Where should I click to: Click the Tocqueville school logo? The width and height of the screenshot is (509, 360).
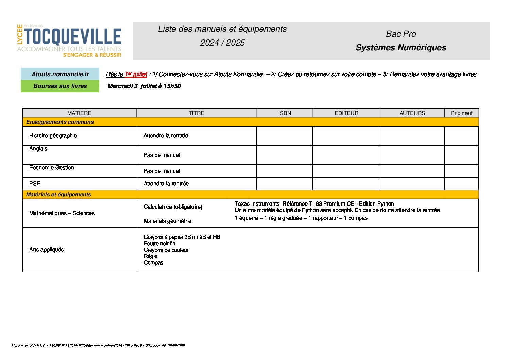pos(69,40)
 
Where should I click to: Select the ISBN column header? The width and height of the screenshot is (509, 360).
pos(285,113)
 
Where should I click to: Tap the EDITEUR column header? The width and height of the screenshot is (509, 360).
pos(346,113)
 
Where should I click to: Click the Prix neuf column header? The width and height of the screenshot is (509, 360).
pos(461,113)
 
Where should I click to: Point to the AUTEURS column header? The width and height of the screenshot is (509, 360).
pos(412,113)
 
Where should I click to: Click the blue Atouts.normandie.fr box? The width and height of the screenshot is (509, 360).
pos(60,74)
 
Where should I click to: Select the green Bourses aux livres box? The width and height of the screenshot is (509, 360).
pos(60,86)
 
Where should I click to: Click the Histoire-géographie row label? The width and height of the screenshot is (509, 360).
pos(53,136)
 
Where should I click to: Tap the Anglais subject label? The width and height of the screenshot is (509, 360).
pos(38,149)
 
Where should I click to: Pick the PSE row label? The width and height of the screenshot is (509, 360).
pos(35,184)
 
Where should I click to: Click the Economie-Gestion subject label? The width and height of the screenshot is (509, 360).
pos(52,168)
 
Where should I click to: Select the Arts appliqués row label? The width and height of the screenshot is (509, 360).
pos(47,250)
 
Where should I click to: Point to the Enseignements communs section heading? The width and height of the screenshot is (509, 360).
pos(60,122)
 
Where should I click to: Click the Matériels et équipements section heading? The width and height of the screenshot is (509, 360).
pos(58,195)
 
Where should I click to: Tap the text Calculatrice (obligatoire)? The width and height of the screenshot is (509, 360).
pos(173,207)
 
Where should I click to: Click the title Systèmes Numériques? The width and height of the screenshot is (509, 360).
pos(401,48)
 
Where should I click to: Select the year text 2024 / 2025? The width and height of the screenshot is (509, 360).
pos(222,43)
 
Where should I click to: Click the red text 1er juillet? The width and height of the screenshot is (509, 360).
pos(136,74)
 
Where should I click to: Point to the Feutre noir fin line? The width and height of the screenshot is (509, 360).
pos(159,244)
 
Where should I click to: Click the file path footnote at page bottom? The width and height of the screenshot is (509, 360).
pos(98,345)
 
